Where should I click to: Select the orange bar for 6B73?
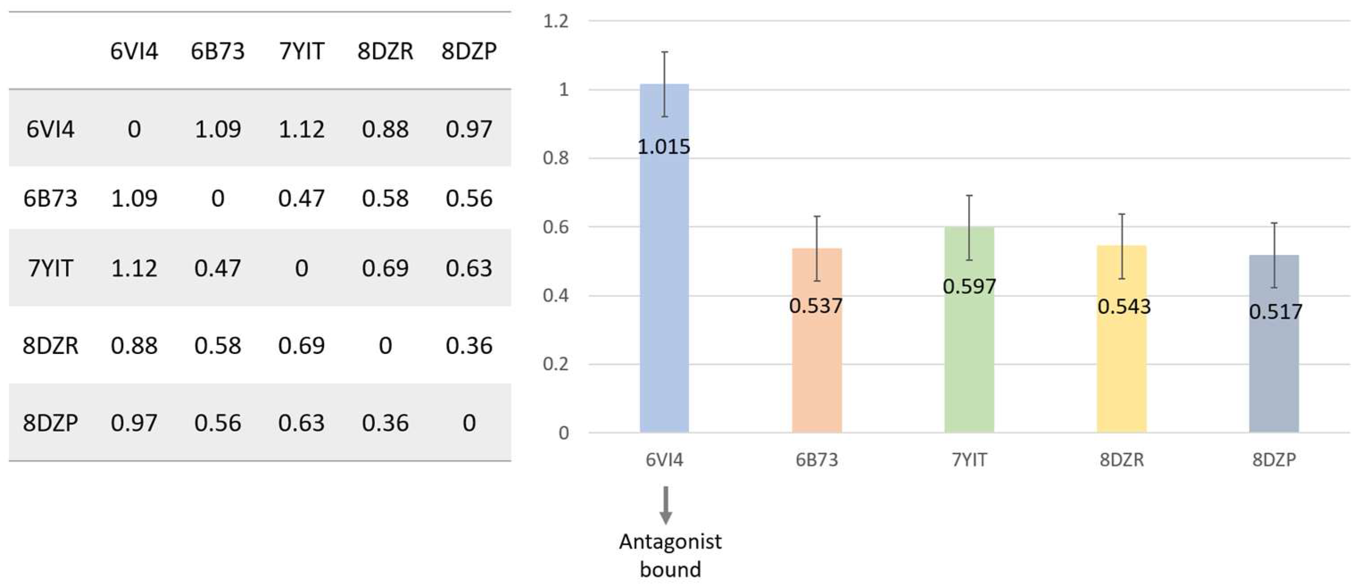point(816,369)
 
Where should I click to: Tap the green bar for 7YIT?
point(969,358)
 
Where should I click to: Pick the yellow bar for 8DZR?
point(1121,369)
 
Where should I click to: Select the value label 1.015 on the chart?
point(664,146)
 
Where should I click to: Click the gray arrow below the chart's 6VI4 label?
point(665,505)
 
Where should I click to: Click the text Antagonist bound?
point(670,555)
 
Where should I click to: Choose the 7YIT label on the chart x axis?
point(969,460)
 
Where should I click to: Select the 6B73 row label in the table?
point(50,198)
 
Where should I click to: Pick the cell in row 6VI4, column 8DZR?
point(385,129)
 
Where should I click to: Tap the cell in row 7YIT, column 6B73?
point(217,268)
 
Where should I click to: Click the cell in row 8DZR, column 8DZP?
point(469,346)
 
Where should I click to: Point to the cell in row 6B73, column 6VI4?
point(134,198)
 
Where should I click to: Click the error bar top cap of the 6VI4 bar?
point(665,52)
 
